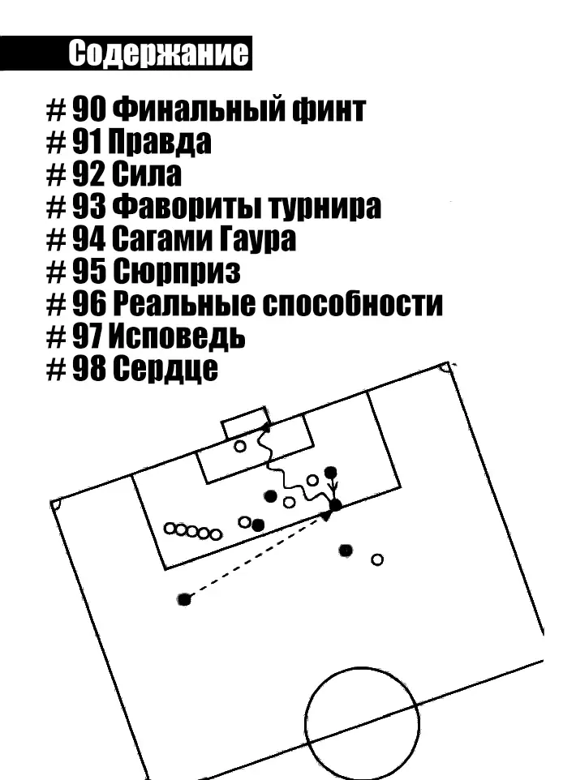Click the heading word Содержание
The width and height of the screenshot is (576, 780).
coord(158,54)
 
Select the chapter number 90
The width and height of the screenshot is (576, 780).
coord(89,109)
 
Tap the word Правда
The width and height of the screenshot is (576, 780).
coord(160,142)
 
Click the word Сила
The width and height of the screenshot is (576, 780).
coord(146,174)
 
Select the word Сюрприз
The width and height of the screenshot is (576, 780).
coord(177,272)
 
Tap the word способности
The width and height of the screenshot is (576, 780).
coord(352,304)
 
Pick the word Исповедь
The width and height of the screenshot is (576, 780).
coord(177,336)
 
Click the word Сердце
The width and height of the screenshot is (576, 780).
coord(165,369)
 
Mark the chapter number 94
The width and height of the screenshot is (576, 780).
coord(89,239)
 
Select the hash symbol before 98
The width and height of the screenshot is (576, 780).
coord(56,369)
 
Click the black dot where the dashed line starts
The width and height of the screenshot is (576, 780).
coord(184,599)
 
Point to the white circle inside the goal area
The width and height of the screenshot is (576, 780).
coord(240,446)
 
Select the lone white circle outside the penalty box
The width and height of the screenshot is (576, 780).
coord(377,559)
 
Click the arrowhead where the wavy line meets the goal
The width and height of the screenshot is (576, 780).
coord(267,426)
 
